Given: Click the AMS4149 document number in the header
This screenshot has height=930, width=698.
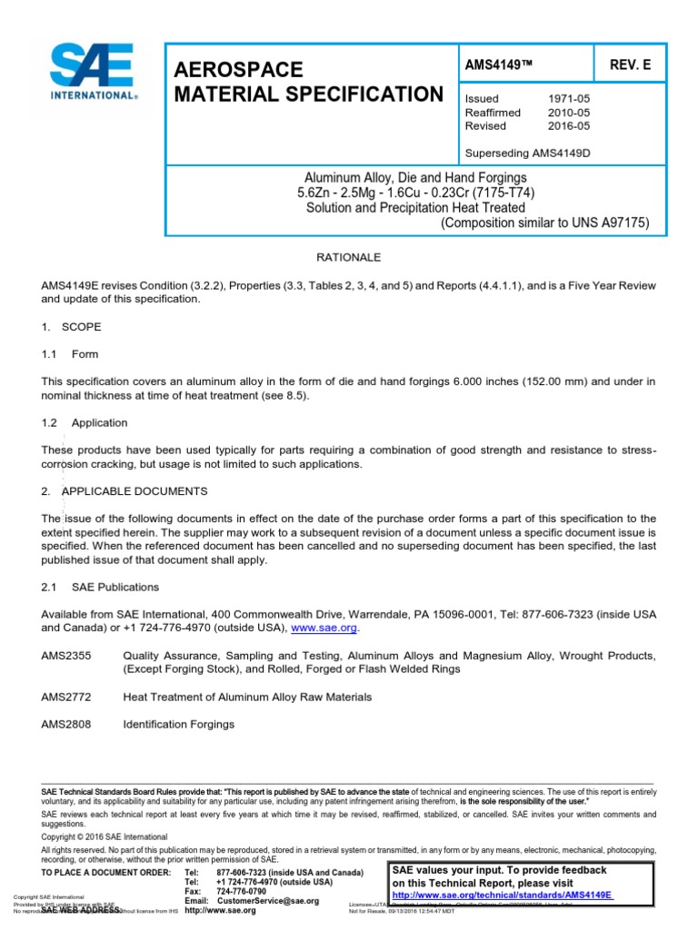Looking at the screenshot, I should coord(495,66).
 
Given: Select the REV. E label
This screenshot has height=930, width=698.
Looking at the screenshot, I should coord(617,66).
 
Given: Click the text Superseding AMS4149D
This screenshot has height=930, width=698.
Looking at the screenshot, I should coord(527,153).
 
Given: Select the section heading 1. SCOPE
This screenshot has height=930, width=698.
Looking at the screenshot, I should coord(72,326).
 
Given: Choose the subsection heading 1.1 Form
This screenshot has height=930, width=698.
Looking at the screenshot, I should coord(70,354).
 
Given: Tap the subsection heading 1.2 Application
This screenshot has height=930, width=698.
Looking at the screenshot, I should coord(85,422).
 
